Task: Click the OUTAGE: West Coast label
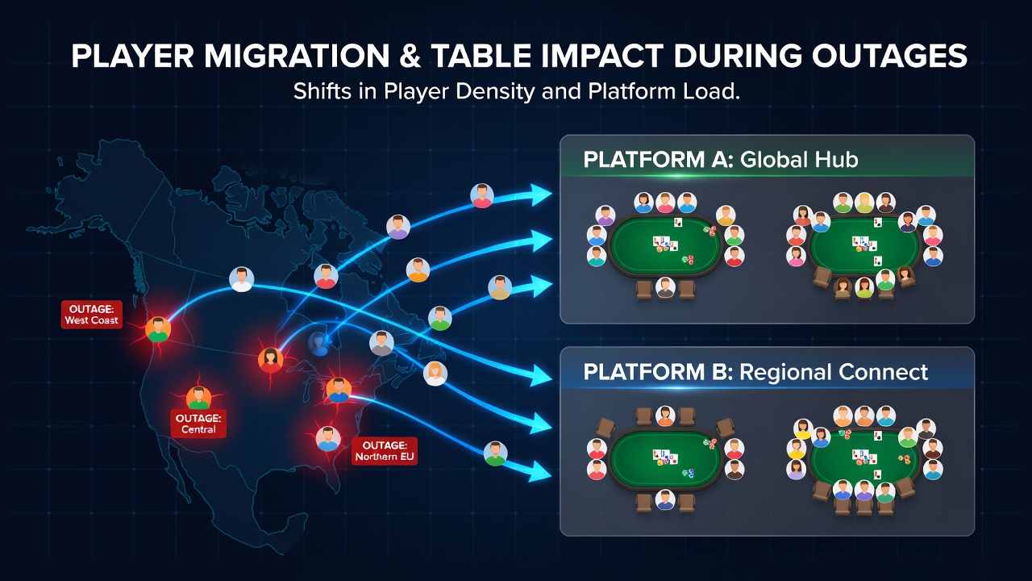[92, 315]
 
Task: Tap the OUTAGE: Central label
[198, 424]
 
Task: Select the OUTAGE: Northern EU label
[385, 451]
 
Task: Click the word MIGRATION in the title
[297, 56]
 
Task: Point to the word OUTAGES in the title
[889, 56]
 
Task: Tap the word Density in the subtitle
[495, 92]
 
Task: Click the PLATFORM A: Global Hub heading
[721, 160]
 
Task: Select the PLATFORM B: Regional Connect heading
[755, 372]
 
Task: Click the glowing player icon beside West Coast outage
[158, 329]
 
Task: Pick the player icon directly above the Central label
[198, 398]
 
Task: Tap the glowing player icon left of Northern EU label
[328, 438]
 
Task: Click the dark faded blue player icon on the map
[318, 344]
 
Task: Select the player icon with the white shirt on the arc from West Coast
[241, 279]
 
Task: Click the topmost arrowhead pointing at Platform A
[541, 194]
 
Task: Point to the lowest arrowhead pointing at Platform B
[540, 470]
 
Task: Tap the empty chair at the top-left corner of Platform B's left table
[605, 428]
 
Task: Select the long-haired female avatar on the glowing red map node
[270, 360]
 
